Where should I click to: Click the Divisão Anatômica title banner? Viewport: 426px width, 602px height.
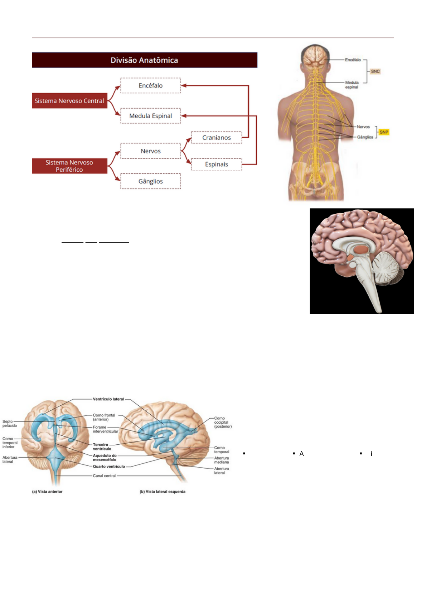(x=144, y=60)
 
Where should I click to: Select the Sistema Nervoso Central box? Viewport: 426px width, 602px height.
(x=69, y=101)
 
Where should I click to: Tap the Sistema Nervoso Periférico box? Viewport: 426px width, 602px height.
(x=69, y=166)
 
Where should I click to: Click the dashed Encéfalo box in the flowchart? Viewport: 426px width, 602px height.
(x=151, y=85)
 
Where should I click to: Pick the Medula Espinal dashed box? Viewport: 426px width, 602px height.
(x=151, y=116)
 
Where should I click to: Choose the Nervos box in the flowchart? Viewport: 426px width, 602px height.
(x=151, y=151)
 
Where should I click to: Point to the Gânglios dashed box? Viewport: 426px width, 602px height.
(x=151, y=181)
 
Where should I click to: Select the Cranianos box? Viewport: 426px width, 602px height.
(x=217, y=138)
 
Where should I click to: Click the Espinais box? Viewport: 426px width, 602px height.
(x=217, y=164)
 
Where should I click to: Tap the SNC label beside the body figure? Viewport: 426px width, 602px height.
(x=375, y=71)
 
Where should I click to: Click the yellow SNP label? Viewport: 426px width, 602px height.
(x=384, y=132)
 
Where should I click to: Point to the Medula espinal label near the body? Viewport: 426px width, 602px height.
(x=352, y=85)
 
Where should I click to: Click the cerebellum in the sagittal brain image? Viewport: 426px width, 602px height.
(x=386, y=268)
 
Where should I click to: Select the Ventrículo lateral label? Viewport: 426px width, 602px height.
(x=108, y=399)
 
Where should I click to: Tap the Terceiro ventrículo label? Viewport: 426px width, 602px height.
(x=102, y=447)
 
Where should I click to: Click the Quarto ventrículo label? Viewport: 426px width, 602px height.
(x=109, y=467)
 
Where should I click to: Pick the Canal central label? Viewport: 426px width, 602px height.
(x=104, y=476)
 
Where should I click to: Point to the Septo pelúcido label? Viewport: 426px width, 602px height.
(x=10, y=424)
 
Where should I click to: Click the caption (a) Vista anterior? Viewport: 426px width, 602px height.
(x=47, y=492)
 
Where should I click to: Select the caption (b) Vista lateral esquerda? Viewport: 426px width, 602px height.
(x=163, y=492)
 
